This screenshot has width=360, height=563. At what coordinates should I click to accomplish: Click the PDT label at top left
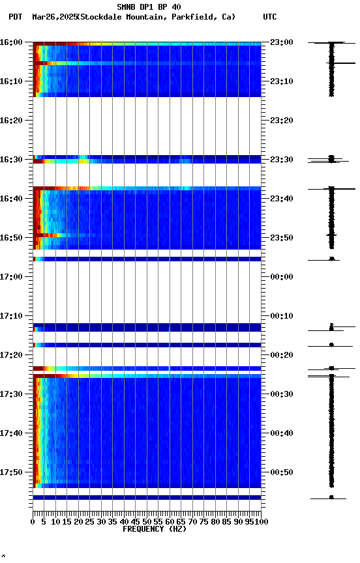tap(16, 17)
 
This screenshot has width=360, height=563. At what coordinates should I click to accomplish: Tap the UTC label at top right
tap(270, 17)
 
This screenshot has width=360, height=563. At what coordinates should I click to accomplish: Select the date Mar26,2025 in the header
tap(53, 17)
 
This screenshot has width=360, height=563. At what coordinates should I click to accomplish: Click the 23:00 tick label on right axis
tap(282, 42)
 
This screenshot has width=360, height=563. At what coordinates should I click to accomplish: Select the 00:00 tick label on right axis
tap(282, 277)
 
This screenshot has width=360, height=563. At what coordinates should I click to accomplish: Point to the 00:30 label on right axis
tap(282, 394)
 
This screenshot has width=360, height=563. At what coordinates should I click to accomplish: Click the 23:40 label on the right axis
tap(282, 199)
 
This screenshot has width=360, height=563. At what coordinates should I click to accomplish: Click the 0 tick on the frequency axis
tap(33, 522)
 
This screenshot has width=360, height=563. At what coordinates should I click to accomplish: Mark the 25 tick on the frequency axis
tap(90, 522)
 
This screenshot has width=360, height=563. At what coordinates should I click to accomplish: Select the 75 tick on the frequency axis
tap(204, 522)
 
